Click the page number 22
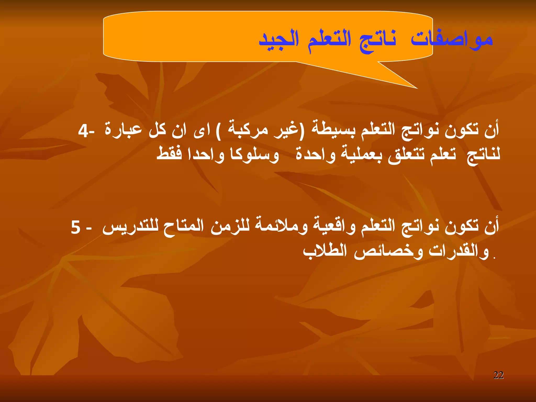498,375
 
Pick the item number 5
76,227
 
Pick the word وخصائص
388,252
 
